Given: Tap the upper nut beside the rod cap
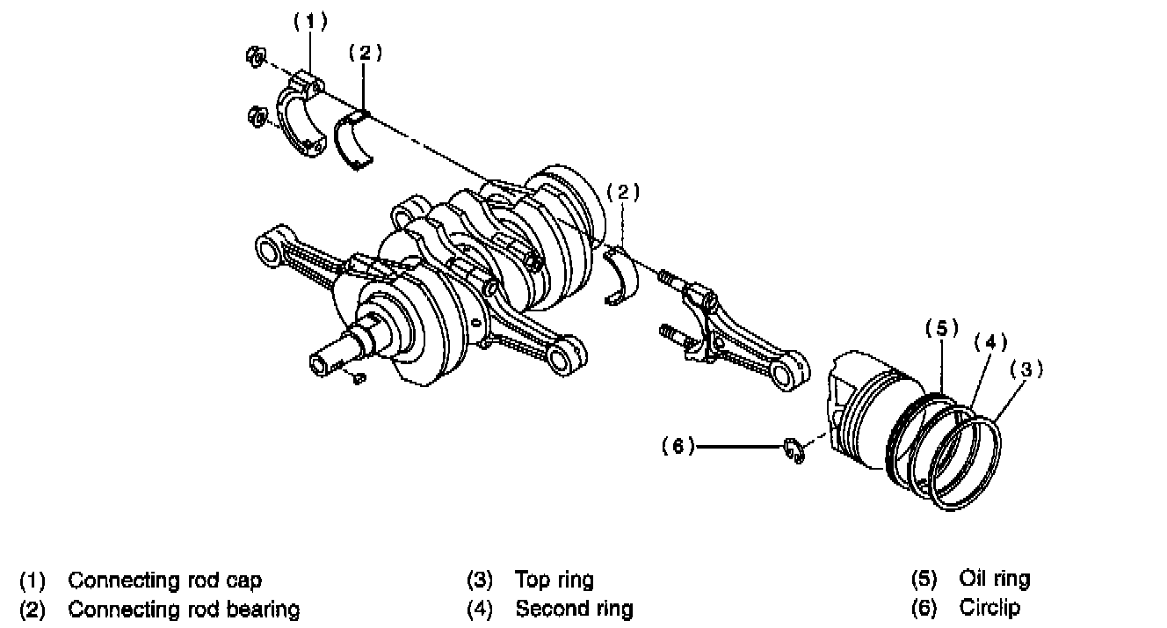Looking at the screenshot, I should pyautogui.click(x=254, y=58).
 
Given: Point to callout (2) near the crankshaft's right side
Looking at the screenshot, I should pyautogui.click(x=623, y=192).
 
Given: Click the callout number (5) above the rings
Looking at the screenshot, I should pyautogui.click(x=941, y=329).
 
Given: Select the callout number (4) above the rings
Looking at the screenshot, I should pyautogui.click(x=988, y=343).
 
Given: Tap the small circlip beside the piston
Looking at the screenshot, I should pyautogui.click(x=794, y=450).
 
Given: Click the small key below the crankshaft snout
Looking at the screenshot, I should pyautogui.click(x=357, y=378).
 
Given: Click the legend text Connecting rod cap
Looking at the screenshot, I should pyautogui.click(x=164, y=581).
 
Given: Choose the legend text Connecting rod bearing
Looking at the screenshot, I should pyautogui.click(x=184, y=609).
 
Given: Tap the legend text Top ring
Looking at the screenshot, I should pyautogui.click(x=554, y=581).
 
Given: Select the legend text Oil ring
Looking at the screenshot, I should pyautogui.click(x=995, y=580).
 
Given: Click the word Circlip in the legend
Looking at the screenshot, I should pyautogui.click(x=990, y=608).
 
